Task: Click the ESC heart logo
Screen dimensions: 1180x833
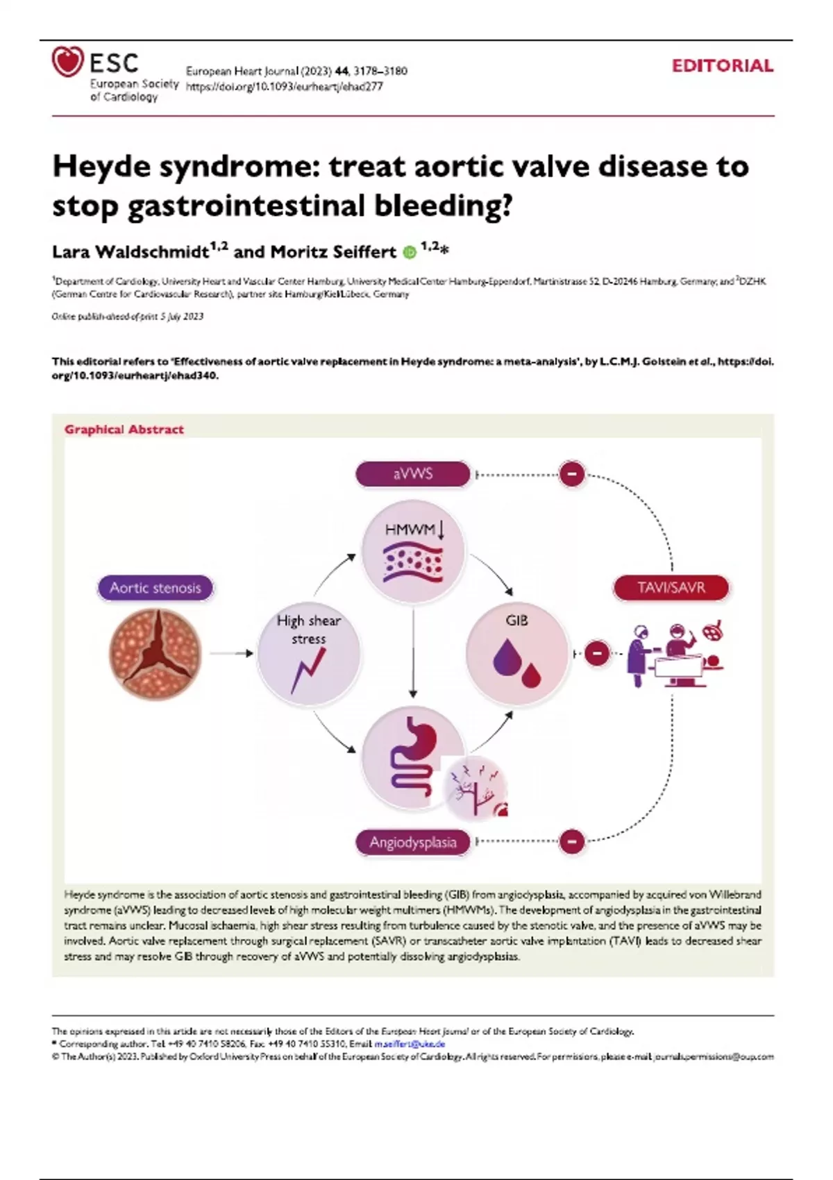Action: pyautogui.click(x=67, y=62)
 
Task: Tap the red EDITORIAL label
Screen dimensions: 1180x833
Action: pyautogui.click(x=722, y=66)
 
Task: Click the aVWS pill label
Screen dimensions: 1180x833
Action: pyautogui.click(x=413, y=474)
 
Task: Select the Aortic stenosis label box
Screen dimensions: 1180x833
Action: pyautogui.click(x=155, y=588)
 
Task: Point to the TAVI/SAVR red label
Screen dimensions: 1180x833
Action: pyautogui.click(x=671, y=588)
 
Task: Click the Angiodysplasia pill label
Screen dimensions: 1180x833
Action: pyautogui.click(x=413, y=842)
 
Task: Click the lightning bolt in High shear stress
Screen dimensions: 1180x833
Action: pyautogui.click(x=308, y=670)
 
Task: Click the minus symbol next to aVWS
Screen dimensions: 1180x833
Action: pyautogui.click(x=572, y=475)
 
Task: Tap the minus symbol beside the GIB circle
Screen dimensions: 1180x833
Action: pyautogui.click(x=597, y=653)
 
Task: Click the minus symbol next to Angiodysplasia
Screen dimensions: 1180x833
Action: pyautogui.click(x=572, y=841)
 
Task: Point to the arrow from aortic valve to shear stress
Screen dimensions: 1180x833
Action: pyautogui.click(x=231, y=653)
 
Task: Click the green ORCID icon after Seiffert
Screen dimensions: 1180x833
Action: pyautogui.click(x=410, y=252)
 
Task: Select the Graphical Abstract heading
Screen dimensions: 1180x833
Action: pyautogui.click(x=124, y=430)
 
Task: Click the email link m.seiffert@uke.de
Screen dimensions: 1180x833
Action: pyautogui.click(x=410, y=1043)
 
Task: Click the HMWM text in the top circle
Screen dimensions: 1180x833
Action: pyautogui.click(x=410, y=530)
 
